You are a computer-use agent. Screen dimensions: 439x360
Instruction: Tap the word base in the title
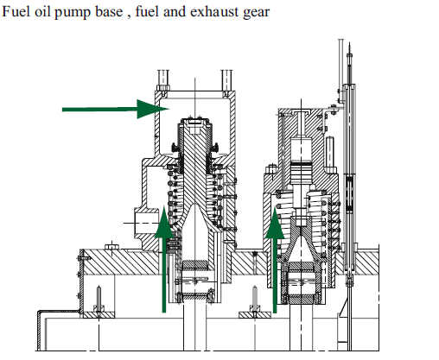109,11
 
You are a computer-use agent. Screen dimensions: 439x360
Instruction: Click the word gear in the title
257,13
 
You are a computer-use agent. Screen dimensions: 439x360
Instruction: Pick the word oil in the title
42,11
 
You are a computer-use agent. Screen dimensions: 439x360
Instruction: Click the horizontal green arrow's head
153,109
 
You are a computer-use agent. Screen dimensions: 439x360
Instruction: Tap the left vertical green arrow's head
164,222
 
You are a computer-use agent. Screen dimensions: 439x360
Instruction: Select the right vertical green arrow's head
275,223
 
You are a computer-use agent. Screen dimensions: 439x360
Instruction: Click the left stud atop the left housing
163,80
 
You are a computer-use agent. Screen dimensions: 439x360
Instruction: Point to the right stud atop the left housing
226,80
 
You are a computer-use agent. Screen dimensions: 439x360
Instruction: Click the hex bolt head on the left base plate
111,247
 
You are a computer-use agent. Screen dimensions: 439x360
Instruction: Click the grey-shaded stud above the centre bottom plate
255,298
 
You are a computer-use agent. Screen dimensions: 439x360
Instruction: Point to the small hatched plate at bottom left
99,315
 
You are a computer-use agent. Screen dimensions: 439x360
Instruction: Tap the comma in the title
129,16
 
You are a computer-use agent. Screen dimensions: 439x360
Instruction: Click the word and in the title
175,11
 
